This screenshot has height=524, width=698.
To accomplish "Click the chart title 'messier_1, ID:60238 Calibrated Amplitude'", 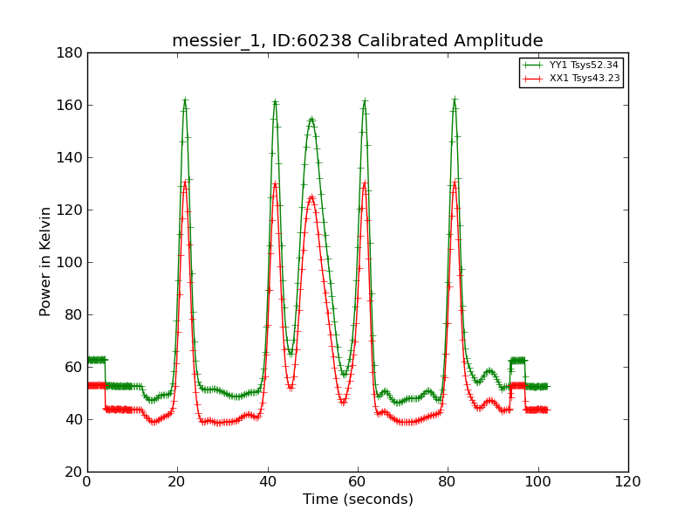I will pos(357,41).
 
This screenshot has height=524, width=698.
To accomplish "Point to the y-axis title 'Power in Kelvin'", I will pos(45,262).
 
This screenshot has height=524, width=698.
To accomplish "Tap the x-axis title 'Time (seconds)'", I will pos(358,500).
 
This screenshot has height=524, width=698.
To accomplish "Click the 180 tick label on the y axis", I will pos(72,53).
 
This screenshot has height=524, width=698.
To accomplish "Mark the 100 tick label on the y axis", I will pos(72,263).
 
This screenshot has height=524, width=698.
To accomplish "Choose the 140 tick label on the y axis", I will pos(72,158).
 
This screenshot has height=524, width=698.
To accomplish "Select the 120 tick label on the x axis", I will pos(627,481).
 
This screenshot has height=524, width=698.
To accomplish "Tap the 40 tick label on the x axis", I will pos(268,481).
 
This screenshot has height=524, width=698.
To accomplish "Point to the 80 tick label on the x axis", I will pos(448,481).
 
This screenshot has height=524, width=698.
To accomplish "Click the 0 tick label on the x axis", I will pos(87,481).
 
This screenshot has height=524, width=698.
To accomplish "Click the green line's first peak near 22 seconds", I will pos(185,100).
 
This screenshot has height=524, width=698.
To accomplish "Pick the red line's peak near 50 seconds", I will pos(311,196).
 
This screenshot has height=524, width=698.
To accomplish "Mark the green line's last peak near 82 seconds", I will pos(455,100).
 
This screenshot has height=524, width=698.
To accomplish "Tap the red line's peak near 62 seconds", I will pos(365,183).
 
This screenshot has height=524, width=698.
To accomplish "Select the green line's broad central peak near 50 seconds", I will pos(311,119).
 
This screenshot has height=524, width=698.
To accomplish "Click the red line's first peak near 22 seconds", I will pos(185,183).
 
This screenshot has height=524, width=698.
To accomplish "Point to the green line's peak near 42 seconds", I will pos(275,101).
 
